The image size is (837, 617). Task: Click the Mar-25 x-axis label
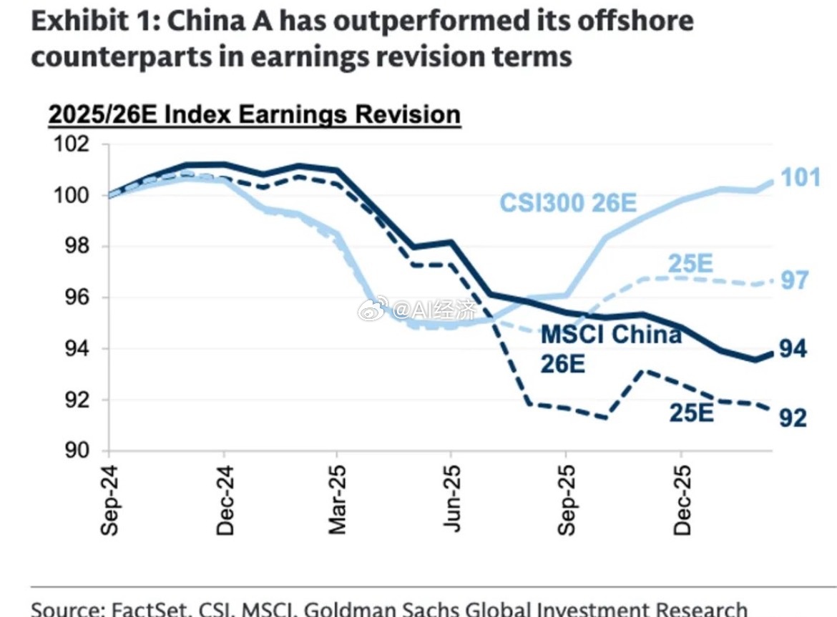pos(337,500)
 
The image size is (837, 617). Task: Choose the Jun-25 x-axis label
pos(451,500)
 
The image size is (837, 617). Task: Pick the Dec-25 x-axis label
pos(681,500)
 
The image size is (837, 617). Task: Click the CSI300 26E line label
pos(567,203)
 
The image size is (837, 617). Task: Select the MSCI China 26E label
pos(610,348)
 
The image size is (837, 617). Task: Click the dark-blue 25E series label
pos(691,412)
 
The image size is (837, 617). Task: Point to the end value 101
pos(799,177)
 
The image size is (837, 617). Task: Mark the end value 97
pos(793,280)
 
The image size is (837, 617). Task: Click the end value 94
pos(793,349)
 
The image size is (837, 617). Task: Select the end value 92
pos(793,418)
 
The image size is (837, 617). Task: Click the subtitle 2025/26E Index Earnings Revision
pos(254,114)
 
